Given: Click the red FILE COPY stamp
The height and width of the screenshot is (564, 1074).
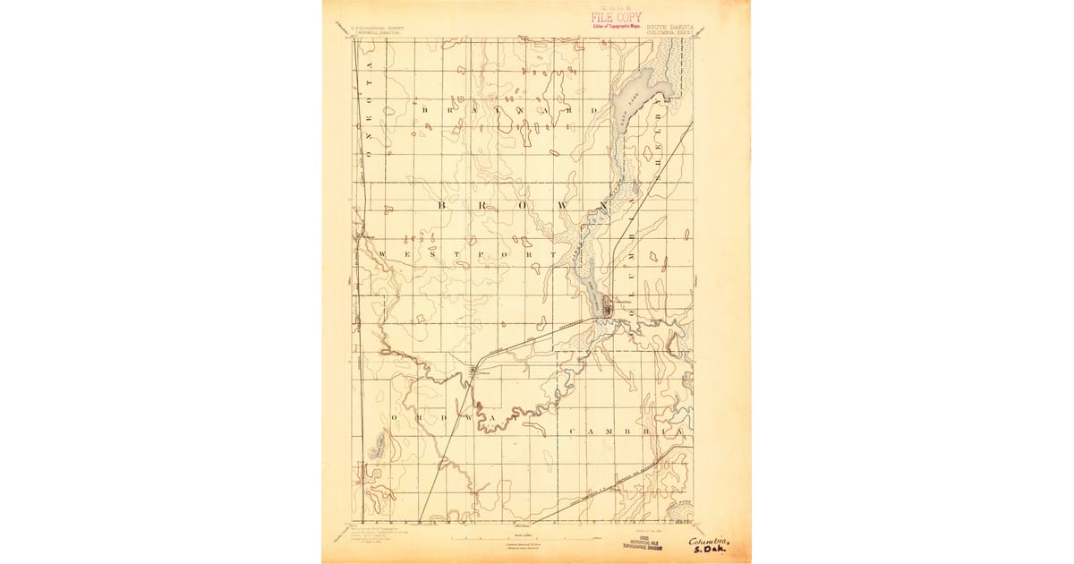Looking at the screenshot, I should (616, 17).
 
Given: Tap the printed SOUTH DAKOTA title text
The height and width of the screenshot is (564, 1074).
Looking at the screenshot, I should (673, 27).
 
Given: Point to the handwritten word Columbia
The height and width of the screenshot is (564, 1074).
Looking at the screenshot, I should (710, 541).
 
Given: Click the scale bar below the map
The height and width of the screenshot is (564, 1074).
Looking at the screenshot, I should (524, 539).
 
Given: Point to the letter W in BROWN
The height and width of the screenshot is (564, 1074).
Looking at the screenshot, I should (563, 205).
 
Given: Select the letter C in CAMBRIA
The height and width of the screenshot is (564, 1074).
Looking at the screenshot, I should (572, 432).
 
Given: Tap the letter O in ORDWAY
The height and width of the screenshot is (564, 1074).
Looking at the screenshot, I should (394, 418).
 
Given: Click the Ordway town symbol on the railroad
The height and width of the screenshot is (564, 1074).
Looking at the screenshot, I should (473, 371).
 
